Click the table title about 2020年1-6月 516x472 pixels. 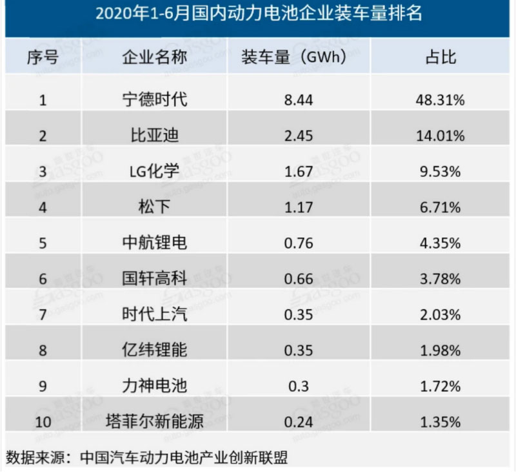(x=258, y=14)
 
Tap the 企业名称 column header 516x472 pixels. (x=155, y=57)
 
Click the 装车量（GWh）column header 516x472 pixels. (x=294, y=57)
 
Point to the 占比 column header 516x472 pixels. (x=441, y=57)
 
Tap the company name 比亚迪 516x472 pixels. (x=155, y=136)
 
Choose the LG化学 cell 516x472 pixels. (x=155, y=172)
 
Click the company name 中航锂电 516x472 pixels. (x=155, y=243)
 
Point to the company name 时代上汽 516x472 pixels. (x=155, y=314)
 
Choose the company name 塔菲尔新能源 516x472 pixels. (x=155, y=422)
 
